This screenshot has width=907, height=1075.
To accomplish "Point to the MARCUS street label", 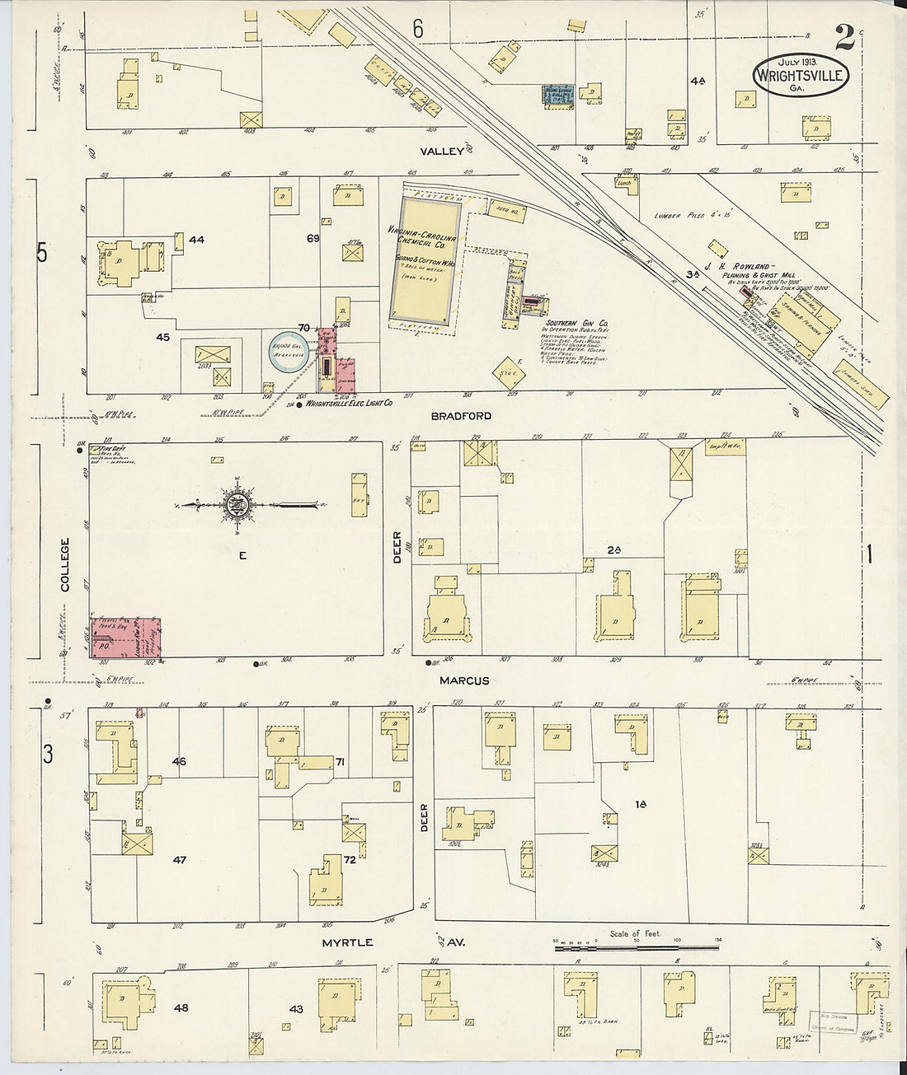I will (x=464, y=681).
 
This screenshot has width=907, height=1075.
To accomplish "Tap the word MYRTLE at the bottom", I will (x=348, y=942).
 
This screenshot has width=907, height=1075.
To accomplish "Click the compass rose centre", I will (x=237, y=504).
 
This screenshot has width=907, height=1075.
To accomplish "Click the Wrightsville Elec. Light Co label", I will (x=360, y=404).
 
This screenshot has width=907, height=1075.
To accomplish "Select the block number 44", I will (x=196, y=241).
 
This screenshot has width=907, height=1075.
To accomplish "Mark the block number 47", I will (x=180, y=860).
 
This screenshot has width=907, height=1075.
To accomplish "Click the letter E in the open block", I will (x=242, y=556).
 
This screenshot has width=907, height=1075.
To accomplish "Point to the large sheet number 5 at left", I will (x=42, y=254).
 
